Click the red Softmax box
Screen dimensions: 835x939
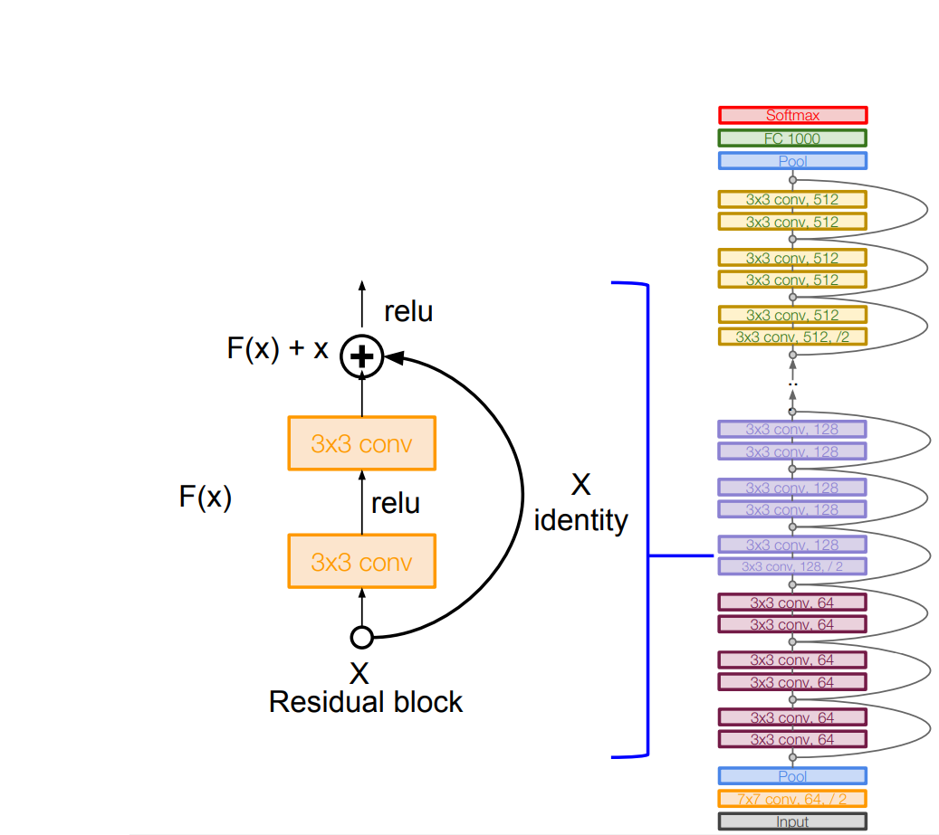pyautogui.click(x=792, y=115)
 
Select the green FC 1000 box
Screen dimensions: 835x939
pyautogui.click(x=792, y=138)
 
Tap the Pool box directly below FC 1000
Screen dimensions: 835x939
pyautogui.click(x=792, y=161)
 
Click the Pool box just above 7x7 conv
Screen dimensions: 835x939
pyautogui.click(x=792, y=776)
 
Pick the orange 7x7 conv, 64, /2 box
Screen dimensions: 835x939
pyautogui.click(x=792, y=799)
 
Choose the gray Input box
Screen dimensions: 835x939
pyautogui.click(x=792, y=821)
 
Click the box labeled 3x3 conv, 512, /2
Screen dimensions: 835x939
pyautogui.click(x=792, y=337)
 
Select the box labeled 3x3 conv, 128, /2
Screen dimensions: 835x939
pyautogui.click(x=792, y=566)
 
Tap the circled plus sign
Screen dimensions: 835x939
pyautogui.click(x=361, y=357)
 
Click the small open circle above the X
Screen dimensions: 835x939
pyautogui.click(x=361, y=638)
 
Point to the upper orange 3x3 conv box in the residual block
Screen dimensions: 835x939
pyautogui.click(x=361, y=443)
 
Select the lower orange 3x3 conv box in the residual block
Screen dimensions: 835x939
pyautogui.click(x=361, y=562)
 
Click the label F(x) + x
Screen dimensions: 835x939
pyautogui.click(x=277, y=350)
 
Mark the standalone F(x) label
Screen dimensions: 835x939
pyautogui.click(x=205, y=498)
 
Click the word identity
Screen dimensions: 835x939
pyautogui.click(x=580, y=521)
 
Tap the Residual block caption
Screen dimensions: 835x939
pyautogui.click(x=366, y=702)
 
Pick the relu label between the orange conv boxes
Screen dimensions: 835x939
pyautogui.click(x=396, y=503)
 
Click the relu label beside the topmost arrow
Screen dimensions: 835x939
pyautogui.click(x=408, y=312)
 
